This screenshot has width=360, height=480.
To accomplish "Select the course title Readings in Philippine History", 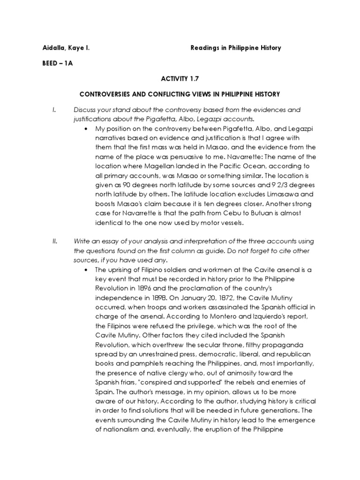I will [x=236, y=48].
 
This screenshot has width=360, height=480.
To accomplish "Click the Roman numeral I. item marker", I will [x=54, y=110].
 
